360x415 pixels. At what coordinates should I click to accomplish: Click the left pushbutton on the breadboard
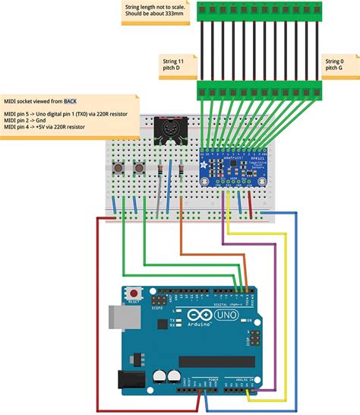pyautogui.click(x=118, y=167)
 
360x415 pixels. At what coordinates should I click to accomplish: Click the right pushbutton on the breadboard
pyautogui.click(x=139, y=167)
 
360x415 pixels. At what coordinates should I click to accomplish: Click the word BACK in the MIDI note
pyautogui.click(x=70, y=100)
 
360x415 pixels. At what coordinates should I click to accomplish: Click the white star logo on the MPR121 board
pyautogui.click(x=207, y=152)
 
